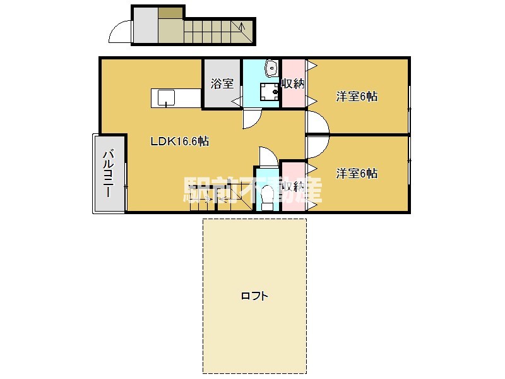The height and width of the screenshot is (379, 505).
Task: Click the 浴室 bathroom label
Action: [222, 84]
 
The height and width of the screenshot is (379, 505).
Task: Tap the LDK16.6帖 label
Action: [180, 141]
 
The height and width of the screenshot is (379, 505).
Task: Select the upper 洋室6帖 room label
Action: [357, 97]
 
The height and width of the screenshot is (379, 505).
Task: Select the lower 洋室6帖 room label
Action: [357, 173]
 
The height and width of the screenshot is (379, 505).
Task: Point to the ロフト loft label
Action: [254, 296]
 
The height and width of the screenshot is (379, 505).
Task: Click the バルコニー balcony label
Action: [108, 174]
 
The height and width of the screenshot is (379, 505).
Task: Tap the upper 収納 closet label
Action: [293, 84]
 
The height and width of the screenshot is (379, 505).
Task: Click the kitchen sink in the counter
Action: [166, 98]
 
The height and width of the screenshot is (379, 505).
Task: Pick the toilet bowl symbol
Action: [267, 197]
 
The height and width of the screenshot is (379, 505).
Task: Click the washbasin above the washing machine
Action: [272, 68]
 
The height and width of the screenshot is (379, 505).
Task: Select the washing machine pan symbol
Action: [270, 92]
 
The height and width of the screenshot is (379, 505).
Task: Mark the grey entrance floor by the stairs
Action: [146, 25]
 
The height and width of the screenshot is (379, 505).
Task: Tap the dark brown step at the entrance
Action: [170, 13]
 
